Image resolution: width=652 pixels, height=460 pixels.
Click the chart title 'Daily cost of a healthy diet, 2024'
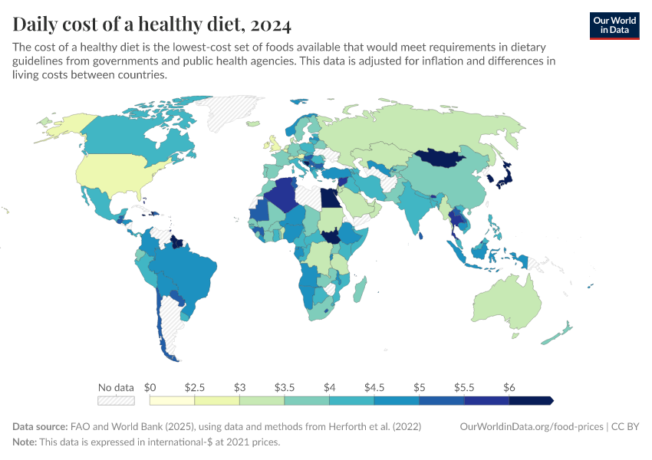coord(152,25)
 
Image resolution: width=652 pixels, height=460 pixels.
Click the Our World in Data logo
coord(614,25)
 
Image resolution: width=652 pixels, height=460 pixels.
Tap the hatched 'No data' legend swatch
coord(116,400)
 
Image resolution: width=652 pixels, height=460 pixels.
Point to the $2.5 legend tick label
coord(195,387)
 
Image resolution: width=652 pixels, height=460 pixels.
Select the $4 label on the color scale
coord(330,387)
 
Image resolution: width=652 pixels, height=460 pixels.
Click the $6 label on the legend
coord(509,387)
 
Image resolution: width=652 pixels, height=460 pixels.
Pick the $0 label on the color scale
coord(150,387)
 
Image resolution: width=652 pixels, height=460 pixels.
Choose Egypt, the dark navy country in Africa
coord(329,199)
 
